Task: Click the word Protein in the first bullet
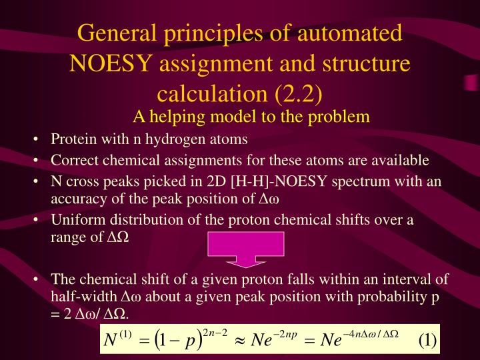(x=72, y=139)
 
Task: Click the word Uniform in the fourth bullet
(x=75, y=220)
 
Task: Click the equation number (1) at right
(x=427, y=341)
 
